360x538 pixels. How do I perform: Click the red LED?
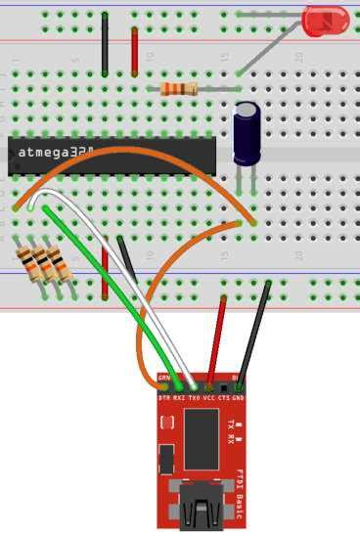326,21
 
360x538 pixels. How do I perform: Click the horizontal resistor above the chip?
178,89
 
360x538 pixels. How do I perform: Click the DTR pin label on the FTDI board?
164,398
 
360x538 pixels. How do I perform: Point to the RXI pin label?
179,398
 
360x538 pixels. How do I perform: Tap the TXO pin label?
194,398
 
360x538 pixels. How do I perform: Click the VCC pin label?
208,398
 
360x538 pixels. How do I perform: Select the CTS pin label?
223,398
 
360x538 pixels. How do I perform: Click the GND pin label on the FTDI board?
238,398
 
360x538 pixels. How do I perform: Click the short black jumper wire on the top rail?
105,45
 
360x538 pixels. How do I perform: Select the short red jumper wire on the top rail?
134,51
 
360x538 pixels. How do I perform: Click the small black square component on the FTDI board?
167,457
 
